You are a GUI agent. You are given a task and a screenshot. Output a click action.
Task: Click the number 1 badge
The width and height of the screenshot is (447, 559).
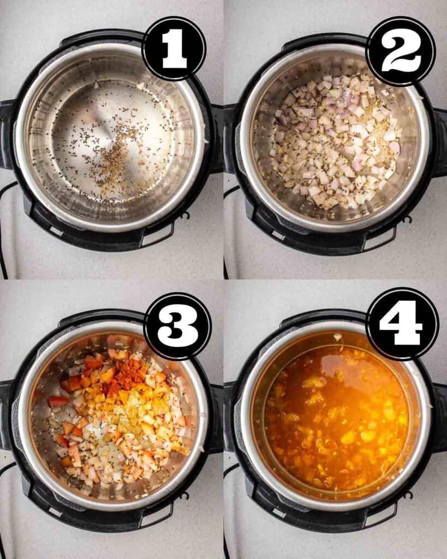point(174,49)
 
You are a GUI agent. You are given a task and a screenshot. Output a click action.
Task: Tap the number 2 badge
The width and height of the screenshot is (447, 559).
point(401,52)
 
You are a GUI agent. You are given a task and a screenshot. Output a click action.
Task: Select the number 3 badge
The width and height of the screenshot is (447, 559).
point(177,326)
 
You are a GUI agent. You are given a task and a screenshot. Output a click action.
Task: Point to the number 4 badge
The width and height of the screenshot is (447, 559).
point(403,324)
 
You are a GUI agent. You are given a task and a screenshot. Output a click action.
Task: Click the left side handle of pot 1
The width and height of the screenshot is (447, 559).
point(7,135)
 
